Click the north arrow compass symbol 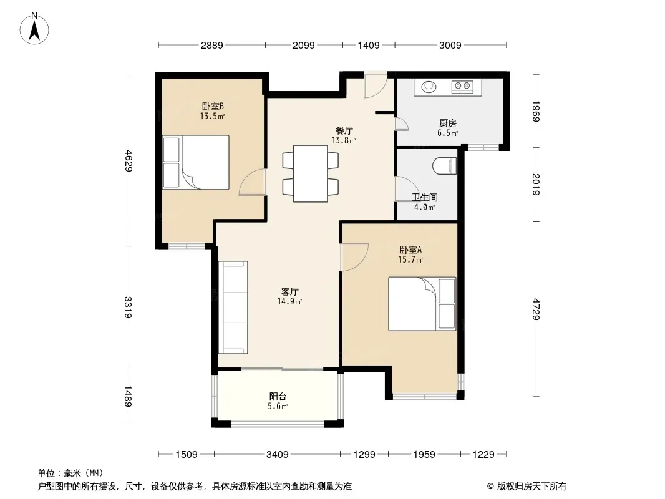pyautogui.click(x=34, y=29)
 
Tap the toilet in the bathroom pyautogui.click(x=444, y=166)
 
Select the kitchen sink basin pyautogui.click(x=429, y=87)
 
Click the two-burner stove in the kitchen pyautogui.click(x=462, y=87)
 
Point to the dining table pyautogui.click(x=311, y=173)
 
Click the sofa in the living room pyautogui.click(x=233, y=308)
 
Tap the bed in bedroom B pyautogui.click(x=196, y=162)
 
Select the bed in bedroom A pyautogui.click(x=422, y=304)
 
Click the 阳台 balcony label pyautogui.click(x=278, y=397)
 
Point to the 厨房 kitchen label pyautogui.click(x=448, y=123)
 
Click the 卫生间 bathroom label pyautogui.click(x=425, y=197)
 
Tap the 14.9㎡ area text pyautogui.click(x=289, y=301)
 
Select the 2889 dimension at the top pyautogui.click(x=212, y=45)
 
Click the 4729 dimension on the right pyautogui.click(x=536, y=309)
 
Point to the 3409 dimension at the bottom pyautogui.click(x=278, y=455)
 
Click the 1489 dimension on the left pyautogui.click(x=128, y=396)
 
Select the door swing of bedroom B pyautogui.click(x=252, y=183)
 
